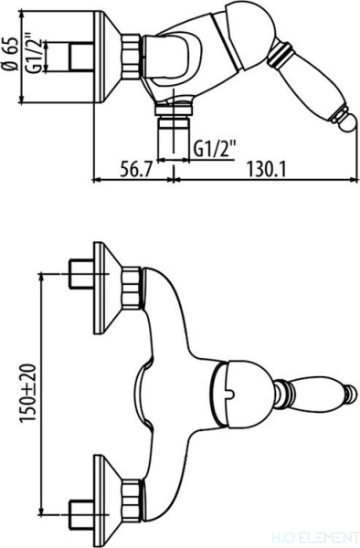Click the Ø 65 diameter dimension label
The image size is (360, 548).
10,54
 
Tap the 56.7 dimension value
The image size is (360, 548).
137,171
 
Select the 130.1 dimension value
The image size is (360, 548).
267,171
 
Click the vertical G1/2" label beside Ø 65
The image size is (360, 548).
35,53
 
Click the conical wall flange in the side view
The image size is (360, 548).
108,57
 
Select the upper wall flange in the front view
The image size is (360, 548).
107,288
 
